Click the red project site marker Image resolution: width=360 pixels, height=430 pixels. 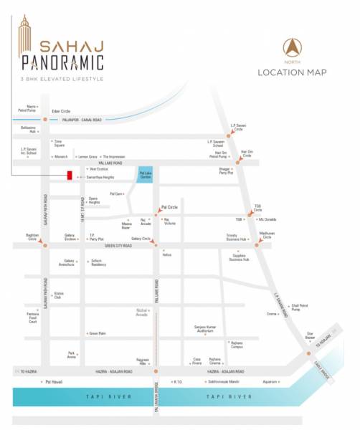tap(69, 176)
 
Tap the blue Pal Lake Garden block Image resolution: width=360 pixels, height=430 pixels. tap(144, 174)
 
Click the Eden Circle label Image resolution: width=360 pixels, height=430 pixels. tap(61, 111)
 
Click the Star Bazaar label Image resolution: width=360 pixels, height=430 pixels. tap(311, 335)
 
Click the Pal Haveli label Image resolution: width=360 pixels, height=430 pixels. tap(52, 383)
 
